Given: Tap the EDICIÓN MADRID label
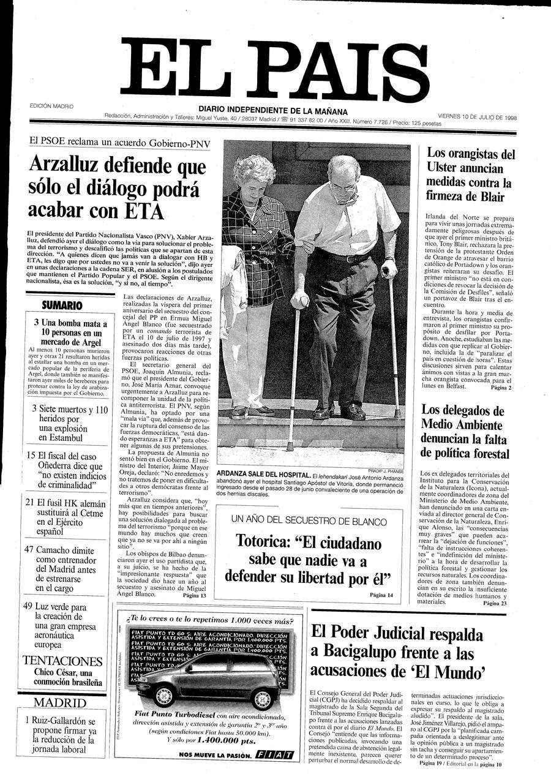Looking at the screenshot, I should click(x=51, y=106).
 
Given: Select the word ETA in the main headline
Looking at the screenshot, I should click(x=144, y=209).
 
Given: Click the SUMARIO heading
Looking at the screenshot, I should click(x=62, y=304).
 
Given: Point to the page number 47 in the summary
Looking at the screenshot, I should click(x=28, y=549).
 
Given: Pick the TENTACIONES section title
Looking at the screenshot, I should click(x=62, y=661).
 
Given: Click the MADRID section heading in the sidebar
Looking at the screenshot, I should click(x=60, y=702).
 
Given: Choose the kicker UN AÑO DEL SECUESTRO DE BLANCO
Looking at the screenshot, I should click(x=309, y=521).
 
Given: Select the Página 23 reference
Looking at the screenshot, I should click(x=495, y=603).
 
